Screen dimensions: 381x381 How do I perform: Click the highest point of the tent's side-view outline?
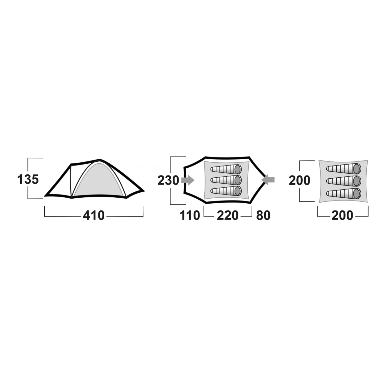100,159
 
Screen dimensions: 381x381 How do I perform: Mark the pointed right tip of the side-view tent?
144,191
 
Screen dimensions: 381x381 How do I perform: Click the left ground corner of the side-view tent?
45,196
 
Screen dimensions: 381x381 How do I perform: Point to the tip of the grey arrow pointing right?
195,180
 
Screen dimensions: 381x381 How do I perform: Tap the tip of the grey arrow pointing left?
261,180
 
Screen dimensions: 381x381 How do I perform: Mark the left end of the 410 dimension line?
45,216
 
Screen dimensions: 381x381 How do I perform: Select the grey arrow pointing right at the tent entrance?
188,180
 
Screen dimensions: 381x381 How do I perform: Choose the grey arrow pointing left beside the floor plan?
268,180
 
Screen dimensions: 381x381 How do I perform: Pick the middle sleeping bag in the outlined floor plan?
226,180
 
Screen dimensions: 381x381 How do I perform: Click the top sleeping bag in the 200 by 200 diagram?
344,169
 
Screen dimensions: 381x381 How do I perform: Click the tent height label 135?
28,180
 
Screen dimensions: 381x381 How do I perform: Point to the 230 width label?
168,181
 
